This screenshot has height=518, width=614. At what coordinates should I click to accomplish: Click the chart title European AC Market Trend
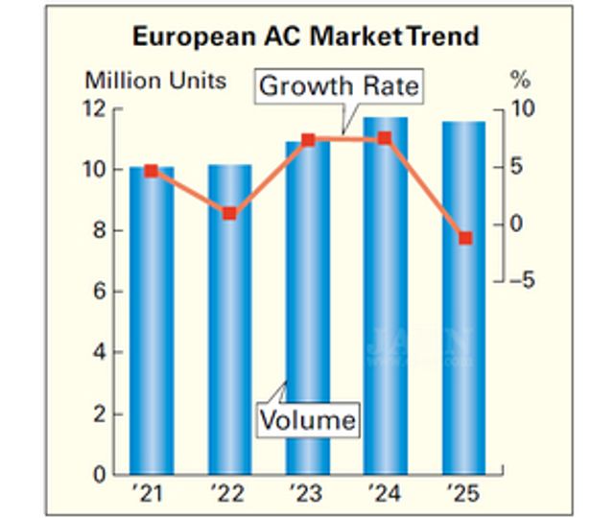[x=305, y=38]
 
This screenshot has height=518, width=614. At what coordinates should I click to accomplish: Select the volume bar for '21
[x=152, y=326]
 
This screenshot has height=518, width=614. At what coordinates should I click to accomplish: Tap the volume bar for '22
[x=229, y=326]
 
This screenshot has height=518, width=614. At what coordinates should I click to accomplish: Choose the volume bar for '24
[x=385, y=297]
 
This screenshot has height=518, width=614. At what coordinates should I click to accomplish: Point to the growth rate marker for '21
[x=152, y=171]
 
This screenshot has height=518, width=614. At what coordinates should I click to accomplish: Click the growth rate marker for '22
[x=229, y=213]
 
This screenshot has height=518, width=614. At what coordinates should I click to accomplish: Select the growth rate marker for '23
[x=308, y=140]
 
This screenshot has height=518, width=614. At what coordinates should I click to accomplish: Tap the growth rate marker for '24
[x=385, y=138]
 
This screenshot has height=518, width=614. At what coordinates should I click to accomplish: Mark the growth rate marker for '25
[x=465, y=238]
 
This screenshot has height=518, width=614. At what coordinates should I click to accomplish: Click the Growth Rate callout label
[x=340, y=86]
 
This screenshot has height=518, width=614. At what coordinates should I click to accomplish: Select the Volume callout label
[x=309, y=419]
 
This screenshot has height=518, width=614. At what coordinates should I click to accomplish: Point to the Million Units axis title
[x=155, y=80]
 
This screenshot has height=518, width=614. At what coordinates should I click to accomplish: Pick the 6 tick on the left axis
[x=100, y=292]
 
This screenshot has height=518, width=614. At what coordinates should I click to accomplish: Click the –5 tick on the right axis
[x=522, y=281]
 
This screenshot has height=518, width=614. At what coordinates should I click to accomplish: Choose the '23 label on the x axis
[x=307, y=496]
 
